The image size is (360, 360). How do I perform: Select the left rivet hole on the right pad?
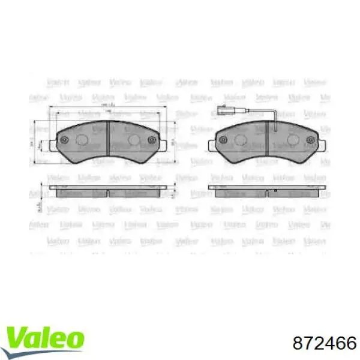pyautogui.click(x=223, y=140)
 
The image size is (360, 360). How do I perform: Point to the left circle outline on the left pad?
pyautogui.click(x=82, y=140)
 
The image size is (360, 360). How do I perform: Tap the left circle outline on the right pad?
pyautogui.click(x=241, y=140)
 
